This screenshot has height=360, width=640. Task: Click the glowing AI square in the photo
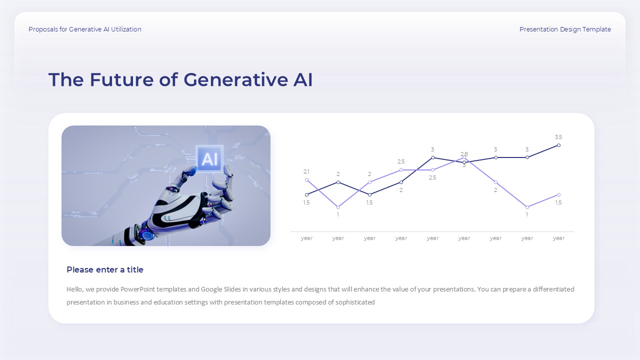(x=209, y=159)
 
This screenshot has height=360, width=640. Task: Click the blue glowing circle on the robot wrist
(x=147, y=235)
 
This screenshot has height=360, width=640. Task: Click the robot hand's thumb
(x=189, y=172)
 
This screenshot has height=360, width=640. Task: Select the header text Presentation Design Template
(x=565, y=29)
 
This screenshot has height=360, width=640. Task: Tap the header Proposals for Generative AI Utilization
(x=85, y=29)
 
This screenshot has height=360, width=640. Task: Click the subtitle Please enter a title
(x=105, y=270)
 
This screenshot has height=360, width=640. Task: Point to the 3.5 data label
(x=558, y=137)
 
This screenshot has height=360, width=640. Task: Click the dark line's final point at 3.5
(x=558, y=145)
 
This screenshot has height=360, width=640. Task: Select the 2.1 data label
(x=306, y=171)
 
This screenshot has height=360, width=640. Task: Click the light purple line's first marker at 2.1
(x=307, y=180)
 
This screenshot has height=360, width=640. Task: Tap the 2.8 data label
(x=464, y=154)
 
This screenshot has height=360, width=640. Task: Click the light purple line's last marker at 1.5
(x=558, y=195)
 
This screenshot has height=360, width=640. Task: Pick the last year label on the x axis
(x=558, y=238)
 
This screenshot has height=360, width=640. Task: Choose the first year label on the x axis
(x=307, y=238)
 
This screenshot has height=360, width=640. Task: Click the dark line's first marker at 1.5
(x=307, y=195)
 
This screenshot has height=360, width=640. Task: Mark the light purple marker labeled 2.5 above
(x=401, y=170)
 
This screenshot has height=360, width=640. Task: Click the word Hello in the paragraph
(x=74, y=289)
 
